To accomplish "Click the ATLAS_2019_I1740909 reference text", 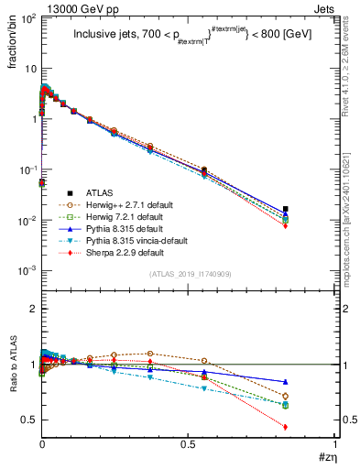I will pyautogui.click(x=189, y=275).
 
